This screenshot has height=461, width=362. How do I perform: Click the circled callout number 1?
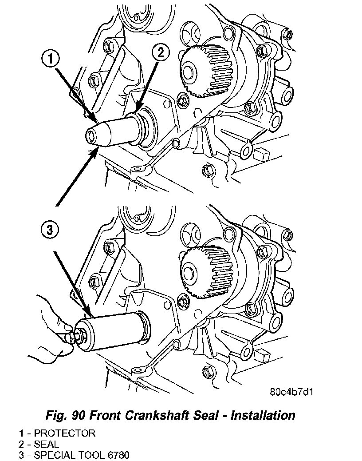pyautogui.click(x=52, y=59)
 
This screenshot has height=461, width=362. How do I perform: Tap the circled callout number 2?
pyautogui.click(x=160, y=52)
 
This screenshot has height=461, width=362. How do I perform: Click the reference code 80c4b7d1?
pyautogui.click(x=288, y=392)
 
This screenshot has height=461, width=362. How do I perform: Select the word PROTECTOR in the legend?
pyautogui.click(x=64, y=433)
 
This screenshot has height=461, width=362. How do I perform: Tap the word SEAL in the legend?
pyautogui.click(x=47, y=444)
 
